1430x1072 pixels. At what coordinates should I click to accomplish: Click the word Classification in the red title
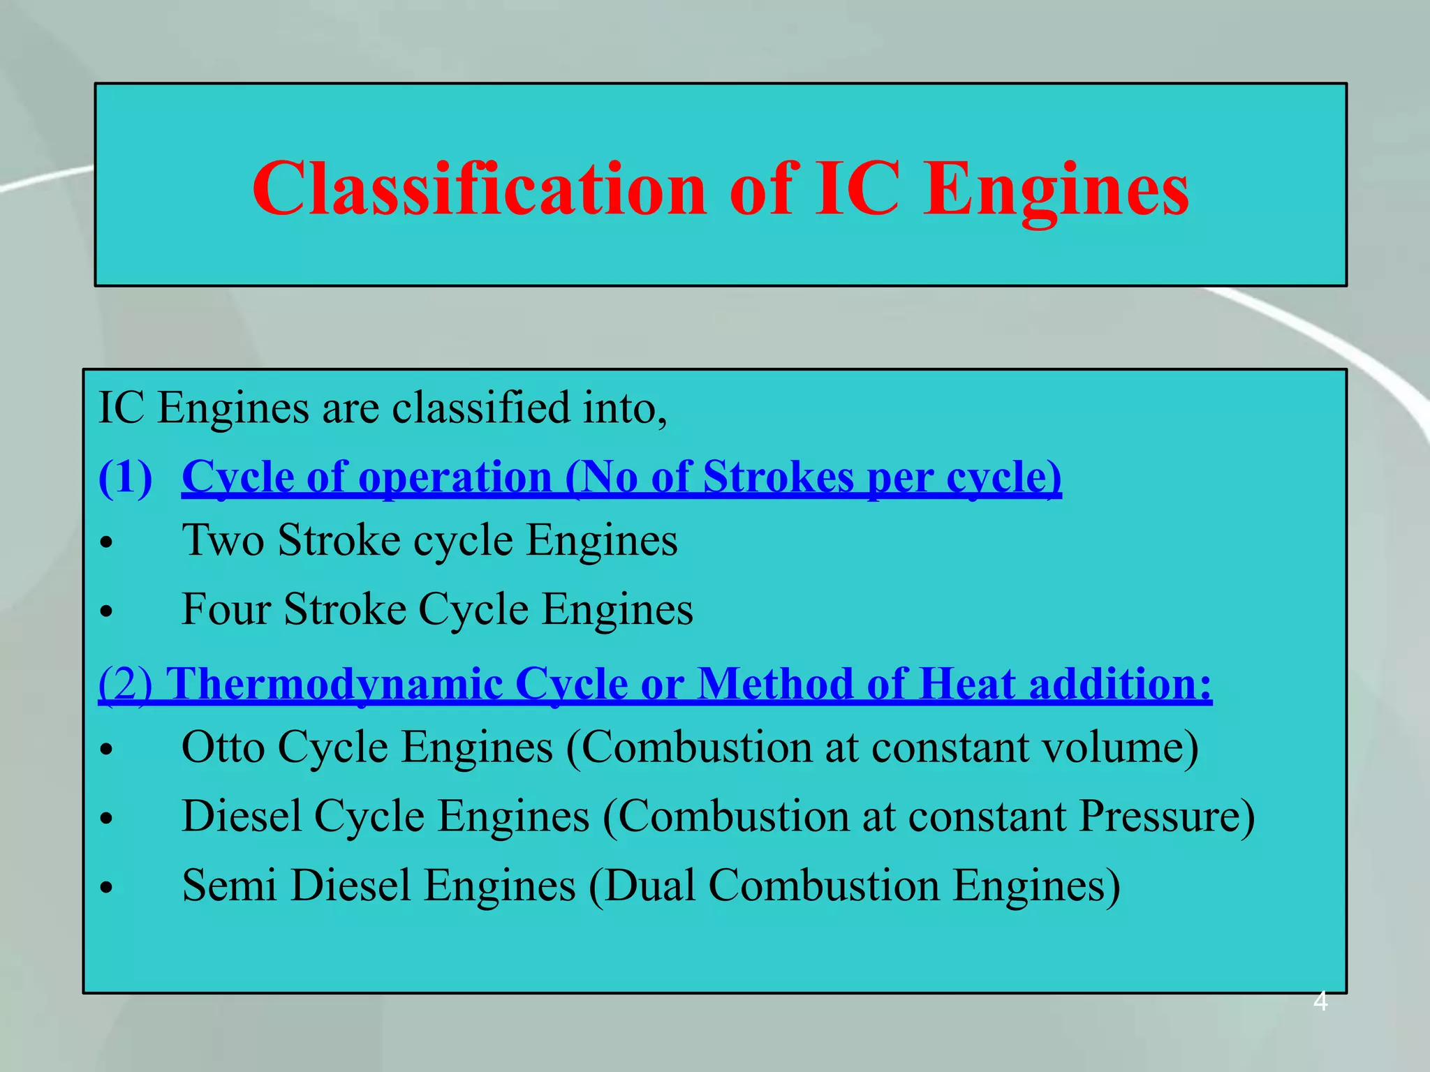click(480, 189)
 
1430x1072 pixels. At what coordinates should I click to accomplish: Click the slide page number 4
click(1320, 1002)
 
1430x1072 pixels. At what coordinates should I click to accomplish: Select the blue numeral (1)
click(126, 479)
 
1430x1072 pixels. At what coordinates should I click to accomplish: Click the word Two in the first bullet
click(223, 541)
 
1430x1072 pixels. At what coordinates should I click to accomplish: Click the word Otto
click(223, 748)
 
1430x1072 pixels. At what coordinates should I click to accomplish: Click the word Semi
click(229, 886)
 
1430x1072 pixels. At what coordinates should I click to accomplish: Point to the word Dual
click(649, 886)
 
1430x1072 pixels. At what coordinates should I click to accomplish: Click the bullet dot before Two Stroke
click(106, 543)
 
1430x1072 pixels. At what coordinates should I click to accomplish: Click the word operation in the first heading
click(455, 479)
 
